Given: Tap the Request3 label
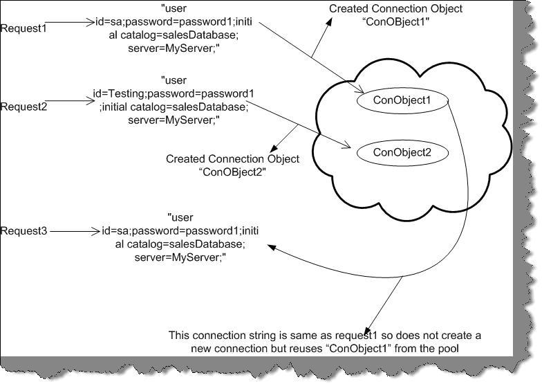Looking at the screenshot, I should (24, 230).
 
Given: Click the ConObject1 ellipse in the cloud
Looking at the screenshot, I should (402, 100).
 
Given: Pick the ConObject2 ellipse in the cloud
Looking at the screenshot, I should (402, 152).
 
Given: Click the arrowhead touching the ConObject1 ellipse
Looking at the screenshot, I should (361, 93).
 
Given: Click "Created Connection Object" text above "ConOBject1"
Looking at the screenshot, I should (395, 9).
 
